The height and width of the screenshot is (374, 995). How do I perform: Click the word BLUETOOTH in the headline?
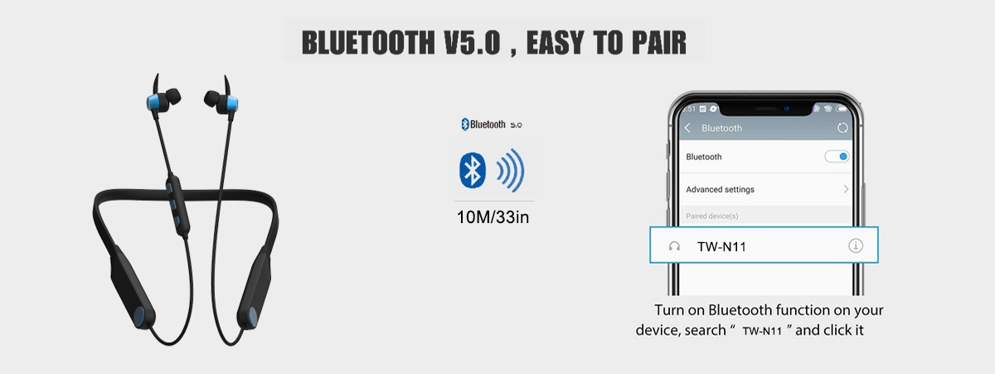tap(368, 42)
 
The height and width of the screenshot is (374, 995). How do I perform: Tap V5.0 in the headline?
tap(472, 42)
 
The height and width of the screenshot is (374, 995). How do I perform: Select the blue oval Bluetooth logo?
tap(472, 170)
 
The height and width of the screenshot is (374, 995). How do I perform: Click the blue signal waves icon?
tap(511, 171)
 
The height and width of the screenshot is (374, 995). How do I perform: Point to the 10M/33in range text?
tap(493, 217)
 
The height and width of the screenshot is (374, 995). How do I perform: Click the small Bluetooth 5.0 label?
tap(491, 124)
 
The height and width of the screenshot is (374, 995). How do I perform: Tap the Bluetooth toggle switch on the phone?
tap(837, 157)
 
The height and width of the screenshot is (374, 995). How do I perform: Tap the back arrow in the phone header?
tap(687, 128)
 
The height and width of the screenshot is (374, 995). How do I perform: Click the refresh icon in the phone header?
tap(842, 128)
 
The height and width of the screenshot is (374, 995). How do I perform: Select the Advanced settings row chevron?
tap(846, 189)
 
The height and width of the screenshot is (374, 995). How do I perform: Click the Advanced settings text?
tap(720, 190)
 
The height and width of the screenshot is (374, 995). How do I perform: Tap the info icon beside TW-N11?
tap(856, 245)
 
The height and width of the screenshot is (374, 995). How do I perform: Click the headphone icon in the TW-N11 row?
tap(674, 246)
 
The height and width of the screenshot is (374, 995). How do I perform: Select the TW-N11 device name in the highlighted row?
tap(722, 247)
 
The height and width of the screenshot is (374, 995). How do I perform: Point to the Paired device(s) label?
tap(712, 216)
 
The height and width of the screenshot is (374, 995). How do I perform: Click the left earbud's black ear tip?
tap(172, 96)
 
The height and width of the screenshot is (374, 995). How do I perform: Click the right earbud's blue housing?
tap(232, 104)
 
